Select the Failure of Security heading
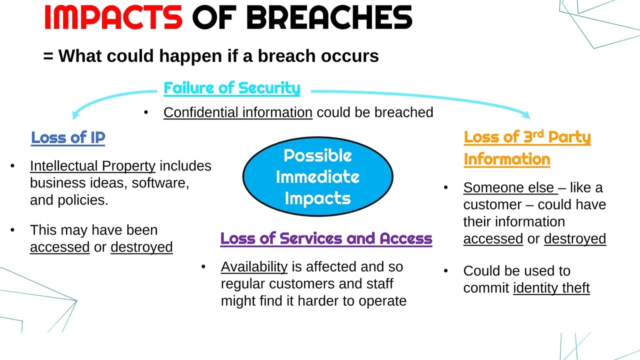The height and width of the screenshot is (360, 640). (x=232, y=88)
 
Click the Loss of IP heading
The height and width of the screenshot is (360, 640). (x=68, y=137)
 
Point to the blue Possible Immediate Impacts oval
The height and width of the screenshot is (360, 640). (x=318, y=176)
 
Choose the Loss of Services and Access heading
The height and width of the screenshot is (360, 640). (x=326, y=238)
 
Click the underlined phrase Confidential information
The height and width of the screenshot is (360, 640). (x=238, y=112)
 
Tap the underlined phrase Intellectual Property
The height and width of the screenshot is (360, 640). (x=92, y=166)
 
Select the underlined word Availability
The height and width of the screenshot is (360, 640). (x=254, y=267)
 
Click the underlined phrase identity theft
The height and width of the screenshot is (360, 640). (x=551, y=288)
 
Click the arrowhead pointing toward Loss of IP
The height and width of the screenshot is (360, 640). (x=75, y=114)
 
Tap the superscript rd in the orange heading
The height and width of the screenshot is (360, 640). (x=537, y=133)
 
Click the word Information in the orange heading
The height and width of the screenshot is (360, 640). (x=507, y=159)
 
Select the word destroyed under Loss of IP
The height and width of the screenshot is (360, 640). (x=141, y=247)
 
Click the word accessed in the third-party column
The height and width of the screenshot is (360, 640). (x=493, y=239)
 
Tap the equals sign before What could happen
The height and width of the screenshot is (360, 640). (x=48, y=56)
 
